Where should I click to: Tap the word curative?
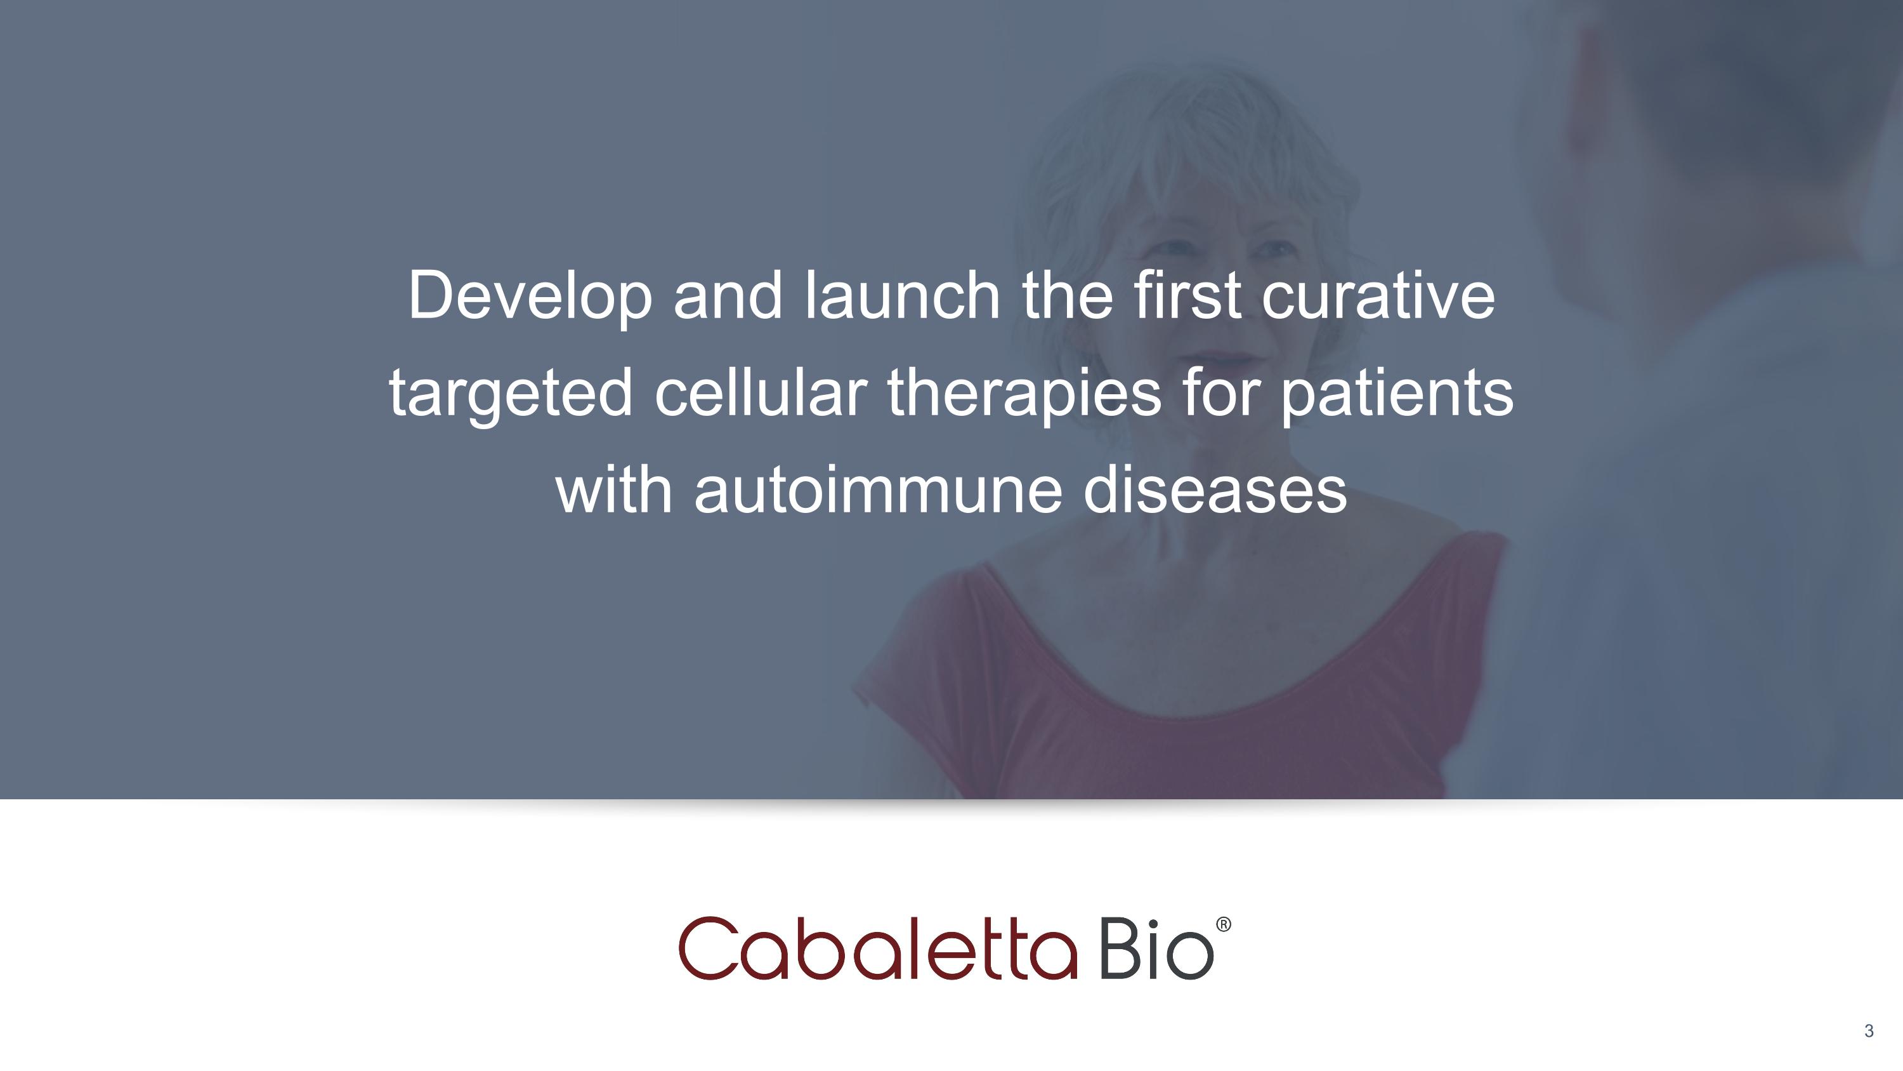click(x=1378, y=295)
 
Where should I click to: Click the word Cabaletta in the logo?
click(x=879, y=948)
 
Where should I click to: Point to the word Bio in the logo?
click(x=1157, y=948)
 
